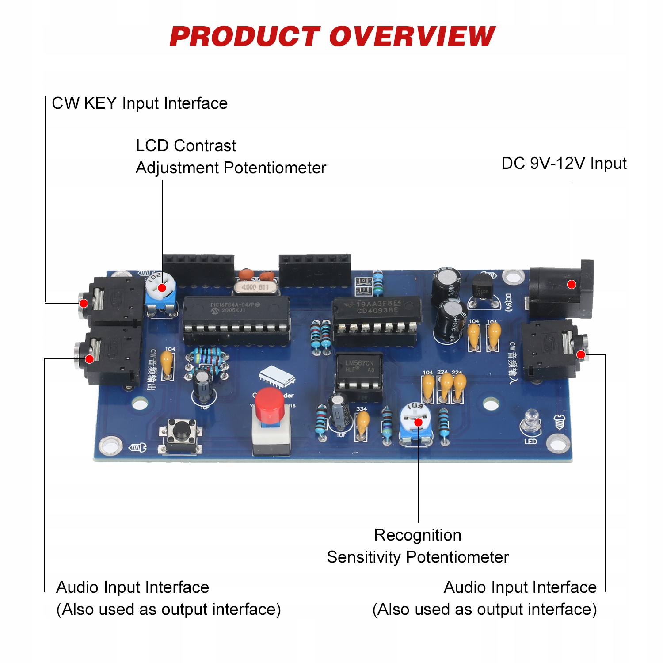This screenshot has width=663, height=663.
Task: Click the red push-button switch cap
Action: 270,404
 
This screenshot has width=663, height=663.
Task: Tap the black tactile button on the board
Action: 181,429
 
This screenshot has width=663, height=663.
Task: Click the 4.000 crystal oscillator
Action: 255,287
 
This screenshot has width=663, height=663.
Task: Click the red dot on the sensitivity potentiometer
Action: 418,423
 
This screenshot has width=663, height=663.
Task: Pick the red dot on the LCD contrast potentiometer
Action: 162,288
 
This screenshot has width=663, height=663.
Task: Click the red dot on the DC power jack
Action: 572,284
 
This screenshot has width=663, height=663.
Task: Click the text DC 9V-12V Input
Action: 564,164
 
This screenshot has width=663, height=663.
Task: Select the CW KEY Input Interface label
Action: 140,103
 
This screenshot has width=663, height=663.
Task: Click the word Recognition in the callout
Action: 418,535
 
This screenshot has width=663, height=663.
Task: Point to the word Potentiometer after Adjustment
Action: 274,168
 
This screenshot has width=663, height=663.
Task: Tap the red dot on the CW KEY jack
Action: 84,303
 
